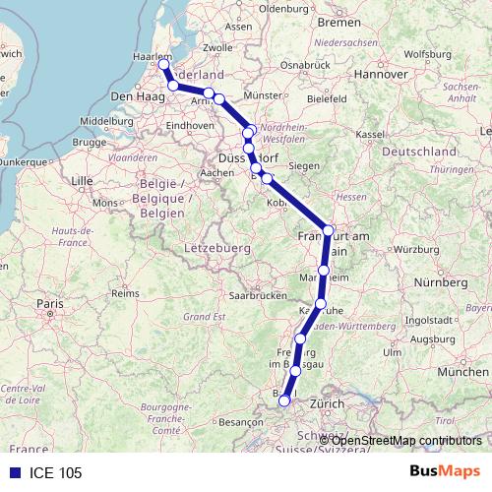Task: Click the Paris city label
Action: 49,304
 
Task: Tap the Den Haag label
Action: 134,96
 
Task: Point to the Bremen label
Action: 339,22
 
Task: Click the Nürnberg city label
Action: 439,282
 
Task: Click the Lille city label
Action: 82,181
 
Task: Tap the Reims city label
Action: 125,293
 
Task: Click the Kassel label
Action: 369,134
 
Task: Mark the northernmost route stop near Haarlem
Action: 164,65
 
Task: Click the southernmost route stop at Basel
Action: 284,400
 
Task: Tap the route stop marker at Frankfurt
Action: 329,229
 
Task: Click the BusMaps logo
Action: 444,472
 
